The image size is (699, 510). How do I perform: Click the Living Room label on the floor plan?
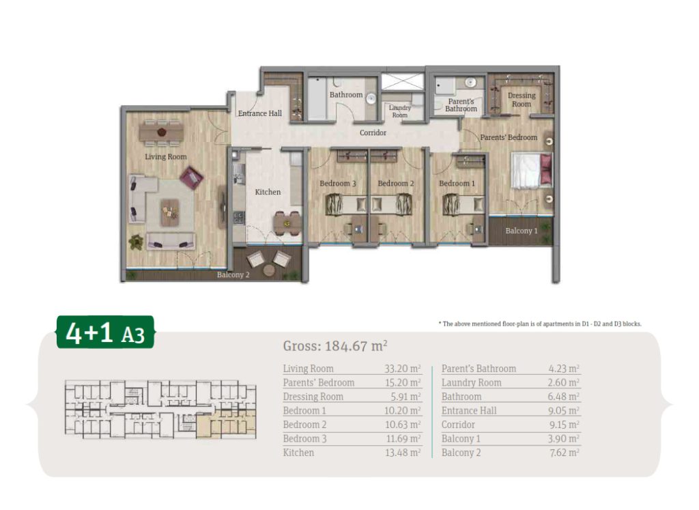[x=165, y=156]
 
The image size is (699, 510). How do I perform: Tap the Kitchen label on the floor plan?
[x=268, y=192]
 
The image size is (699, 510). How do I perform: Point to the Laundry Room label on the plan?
[x=399, y=111]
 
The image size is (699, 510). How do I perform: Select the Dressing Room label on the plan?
[x=521, y=100]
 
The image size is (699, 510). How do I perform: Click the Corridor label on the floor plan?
[x=373, y=132]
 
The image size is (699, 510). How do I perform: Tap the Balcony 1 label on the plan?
[x=521, y=231]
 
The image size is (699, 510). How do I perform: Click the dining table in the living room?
[x=161, y=132]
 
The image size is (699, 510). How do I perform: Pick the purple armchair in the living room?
[x=191, y=178]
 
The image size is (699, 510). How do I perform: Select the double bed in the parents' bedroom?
[x=532, y=170]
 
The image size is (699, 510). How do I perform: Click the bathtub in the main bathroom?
[x=317, y=98]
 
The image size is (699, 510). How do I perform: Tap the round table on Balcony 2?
[x=269, y=270]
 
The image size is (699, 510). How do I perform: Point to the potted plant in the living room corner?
[x=136, y=241]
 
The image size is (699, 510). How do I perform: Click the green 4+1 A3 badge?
[x=105, y=332]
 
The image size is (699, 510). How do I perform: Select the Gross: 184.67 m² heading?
[x=334, y=346]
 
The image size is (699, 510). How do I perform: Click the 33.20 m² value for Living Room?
[x=403, y=369]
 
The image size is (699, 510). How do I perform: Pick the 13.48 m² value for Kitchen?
[x=403, y=453]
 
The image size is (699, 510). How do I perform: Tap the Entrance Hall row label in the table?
[x=468, y=410]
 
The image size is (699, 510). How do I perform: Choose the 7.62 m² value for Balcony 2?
[x=564, y=453]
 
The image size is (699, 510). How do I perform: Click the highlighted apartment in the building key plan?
[x=226, y=423]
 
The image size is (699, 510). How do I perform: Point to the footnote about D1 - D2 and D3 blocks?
[x=540, y=324]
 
